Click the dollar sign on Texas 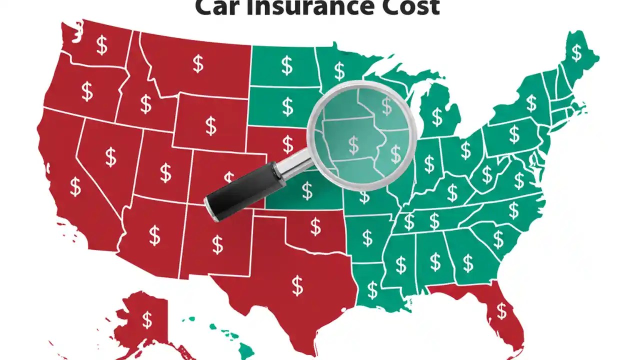tap(297, 285)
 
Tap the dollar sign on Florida tap(501, 311)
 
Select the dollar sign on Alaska tap(147, 319)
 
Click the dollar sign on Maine tap(577, 52)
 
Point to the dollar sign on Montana tap(198, 64)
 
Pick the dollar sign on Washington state tap(102, 45)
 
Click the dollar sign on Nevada tap(110, 157)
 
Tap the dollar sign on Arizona tap(154, 235)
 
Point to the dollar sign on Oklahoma tap(315, 226)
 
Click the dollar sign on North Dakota tap(287, 65)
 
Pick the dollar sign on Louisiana tap(372, 289)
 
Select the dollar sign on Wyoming tap(211, 126)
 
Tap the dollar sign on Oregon tap(87, 91)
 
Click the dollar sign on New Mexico tap(217, 244)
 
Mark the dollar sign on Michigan tap(437, 116)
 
